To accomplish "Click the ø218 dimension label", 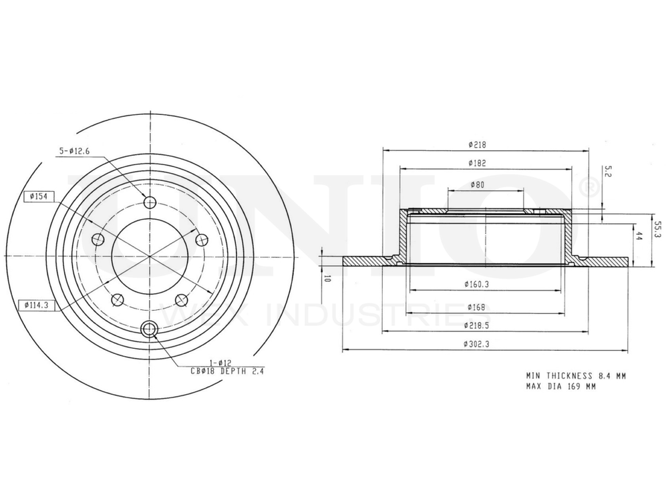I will tap(476, 144).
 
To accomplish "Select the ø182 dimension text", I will tap(476, 163).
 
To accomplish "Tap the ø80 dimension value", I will tap(477, 184).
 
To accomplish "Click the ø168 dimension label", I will tap(476, 307).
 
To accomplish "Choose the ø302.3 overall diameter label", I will tap(476, 344).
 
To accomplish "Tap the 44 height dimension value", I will tap(639, 236).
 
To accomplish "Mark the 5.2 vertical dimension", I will tap(607, 171).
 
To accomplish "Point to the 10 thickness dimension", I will tap(327, 279).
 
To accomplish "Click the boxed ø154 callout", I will tap(38, 196).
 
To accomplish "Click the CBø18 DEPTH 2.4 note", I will tap(228, 372).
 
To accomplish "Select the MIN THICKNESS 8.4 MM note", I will tap(575, 376).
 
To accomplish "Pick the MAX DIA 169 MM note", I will tap(560, 386).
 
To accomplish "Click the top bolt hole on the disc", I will tap(150, 202).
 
